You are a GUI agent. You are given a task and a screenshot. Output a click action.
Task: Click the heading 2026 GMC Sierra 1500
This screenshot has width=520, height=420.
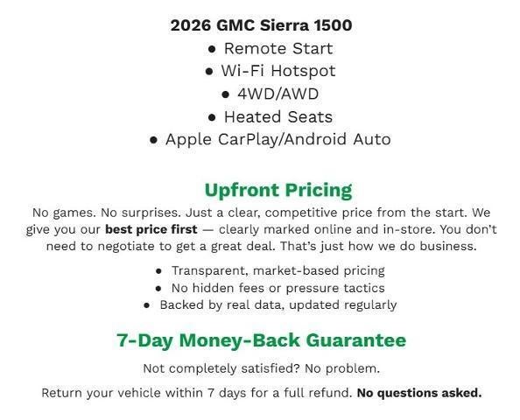261,24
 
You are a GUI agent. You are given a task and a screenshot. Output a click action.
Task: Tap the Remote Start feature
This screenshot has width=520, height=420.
278,48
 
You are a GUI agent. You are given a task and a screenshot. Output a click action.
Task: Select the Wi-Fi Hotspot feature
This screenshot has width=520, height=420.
278,71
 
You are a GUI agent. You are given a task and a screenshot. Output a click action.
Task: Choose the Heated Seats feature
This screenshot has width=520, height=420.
278,116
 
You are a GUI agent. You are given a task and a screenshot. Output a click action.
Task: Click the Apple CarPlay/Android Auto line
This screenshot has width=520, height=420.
278,139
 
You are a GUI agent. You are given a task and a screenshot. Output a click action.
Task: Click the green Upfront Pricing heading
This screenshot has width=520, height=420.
278,190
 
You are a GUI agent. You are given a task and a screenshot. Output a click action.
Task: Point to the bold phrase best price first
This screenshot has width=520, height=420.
151,229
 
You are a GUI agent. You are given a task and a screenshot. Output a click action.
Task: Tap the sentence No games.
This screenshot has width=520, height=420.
62,213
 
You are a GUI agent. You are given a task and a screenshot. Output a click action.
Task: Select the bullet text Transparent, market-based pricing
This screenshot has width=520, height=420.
278,270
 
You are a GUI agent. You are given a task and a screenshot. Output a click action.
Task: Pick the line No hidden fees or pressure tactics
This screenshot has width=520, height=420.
278,288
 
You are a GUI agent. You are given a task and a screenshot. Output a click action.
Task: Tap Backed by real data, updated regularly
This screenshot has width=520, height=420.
278,305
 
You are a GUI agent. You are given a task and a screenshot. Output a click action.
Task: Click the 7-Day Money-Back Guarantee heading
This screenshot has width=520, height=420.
261,340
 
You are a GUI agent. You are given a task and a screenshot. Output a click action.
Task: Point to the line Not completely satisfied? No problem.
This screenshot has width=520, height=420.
261,368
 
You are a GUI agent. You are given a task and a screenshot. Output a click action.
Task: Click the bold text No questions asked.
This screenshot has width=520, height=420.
419,393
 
